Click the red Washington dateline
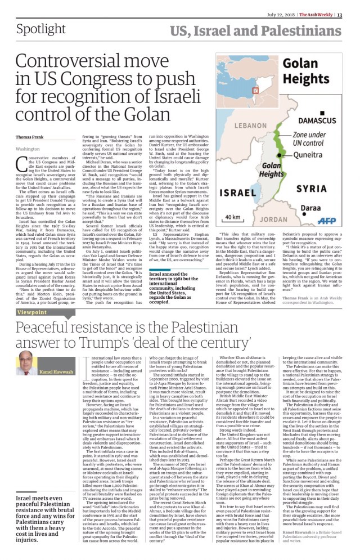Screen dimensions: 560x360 (28, 149)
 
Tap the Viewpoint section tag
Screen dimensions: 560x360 (32, 311)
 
